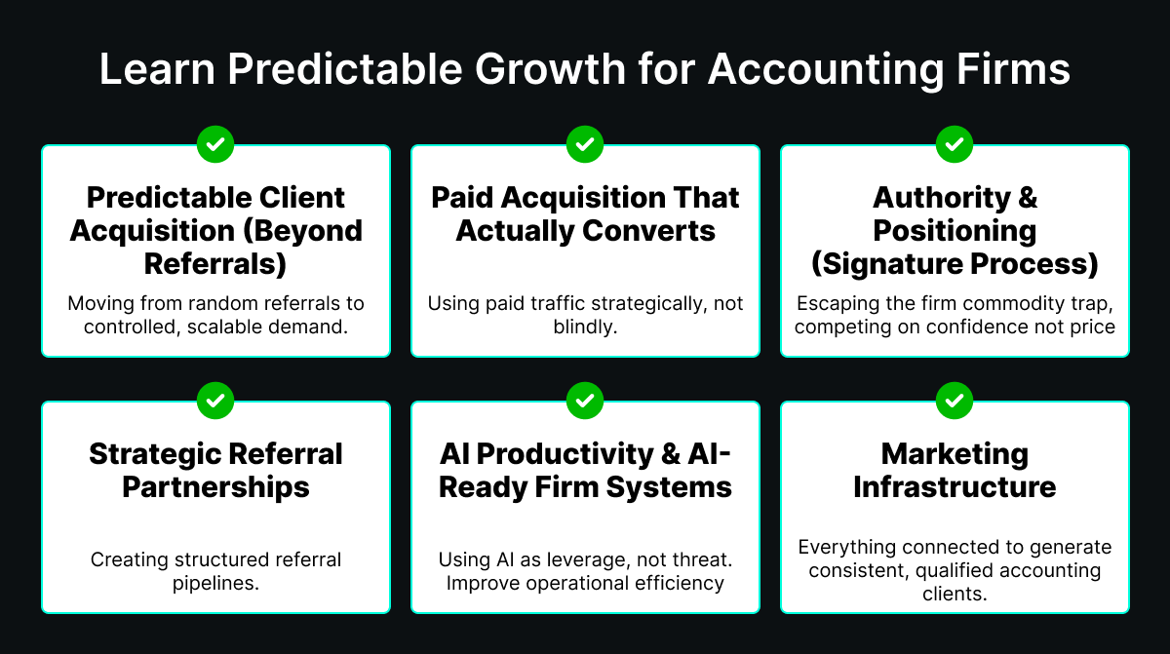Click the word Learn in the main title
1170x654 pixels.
click(157, 69)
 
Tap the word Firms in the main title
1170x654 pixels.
click(1013, 69)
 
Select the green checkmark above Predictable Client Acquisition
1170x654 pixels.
click(215, 144)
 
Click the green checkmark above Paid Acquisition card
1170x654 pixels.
click(585, 144)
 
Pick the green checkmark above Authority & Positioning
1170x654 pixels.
click(955, 144)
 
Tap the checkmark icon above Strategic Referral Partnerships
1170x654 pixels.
click(215, 401)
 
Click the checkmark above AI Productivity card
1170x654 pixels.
click(585, 401)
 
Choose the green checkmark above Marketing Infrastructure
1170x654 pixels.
click(955, 401)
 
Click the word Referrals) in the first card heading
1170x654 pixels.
click(215, 264)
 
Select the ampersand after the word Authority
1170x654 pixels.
click(1028, 198)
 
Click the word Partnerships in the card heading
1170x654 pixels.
click(215, 488)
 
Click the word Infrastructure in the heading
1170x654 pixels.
click(955, 487)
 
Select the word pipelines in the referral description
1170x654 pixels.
click(215, 584)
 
